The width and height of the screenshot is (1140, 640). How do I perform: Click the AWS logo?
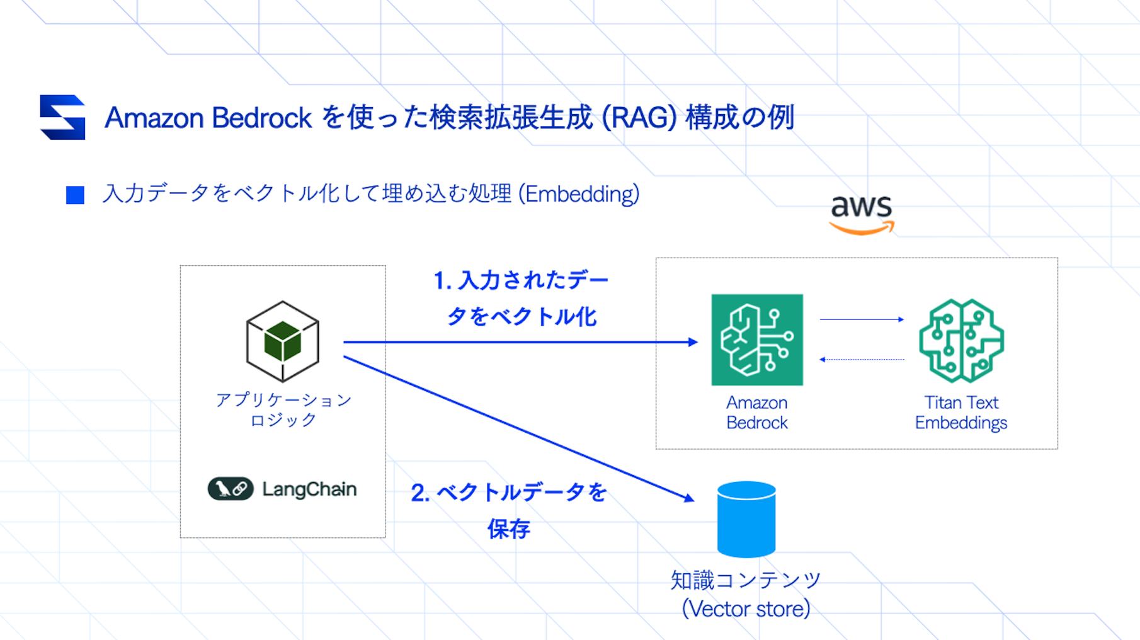862,214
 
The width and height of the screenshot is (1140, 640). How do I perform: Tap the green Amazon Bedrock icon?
756,340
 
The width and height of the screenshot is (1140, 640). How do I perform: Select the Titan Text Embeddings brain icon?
961,341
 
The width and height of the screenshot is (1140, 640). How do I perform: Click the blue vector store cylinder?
746,519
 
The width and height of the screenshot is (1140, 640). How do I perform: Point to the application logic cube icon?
282,341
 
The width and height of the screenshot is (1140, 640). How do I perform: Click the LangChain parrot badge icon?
231,489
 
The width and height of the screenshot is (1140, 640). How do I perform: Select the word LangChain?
309,489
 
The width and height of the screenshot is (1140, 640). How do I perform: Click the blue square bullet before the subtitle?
75,195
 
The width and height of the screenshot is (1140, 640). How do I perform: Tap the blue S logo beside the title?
62,117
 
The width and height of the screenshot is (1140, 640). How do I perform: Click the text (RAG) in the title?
639,118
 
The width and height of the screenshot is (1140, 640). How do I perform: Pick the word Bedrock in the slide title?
261,118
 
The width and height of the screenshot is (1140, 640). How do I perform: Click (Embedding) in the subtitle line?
579,194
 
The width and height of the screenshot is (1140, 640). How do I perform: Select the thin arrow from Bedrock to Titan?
861,319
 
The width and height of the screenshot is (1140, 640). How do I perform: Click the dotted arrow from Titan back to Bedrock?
861,360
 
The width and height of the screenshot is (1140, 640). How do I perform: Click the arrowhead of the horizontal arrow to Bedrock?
693,342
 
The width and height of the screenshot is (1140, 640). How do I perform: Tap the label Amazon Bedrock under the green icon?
756,413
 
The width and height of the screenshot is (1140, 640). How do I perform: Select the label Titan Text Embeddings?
960,413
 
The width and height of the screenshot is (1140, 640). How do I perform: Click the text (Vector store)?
746,609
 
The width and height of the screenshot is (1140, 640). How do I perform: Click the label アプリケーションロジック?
283,409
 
